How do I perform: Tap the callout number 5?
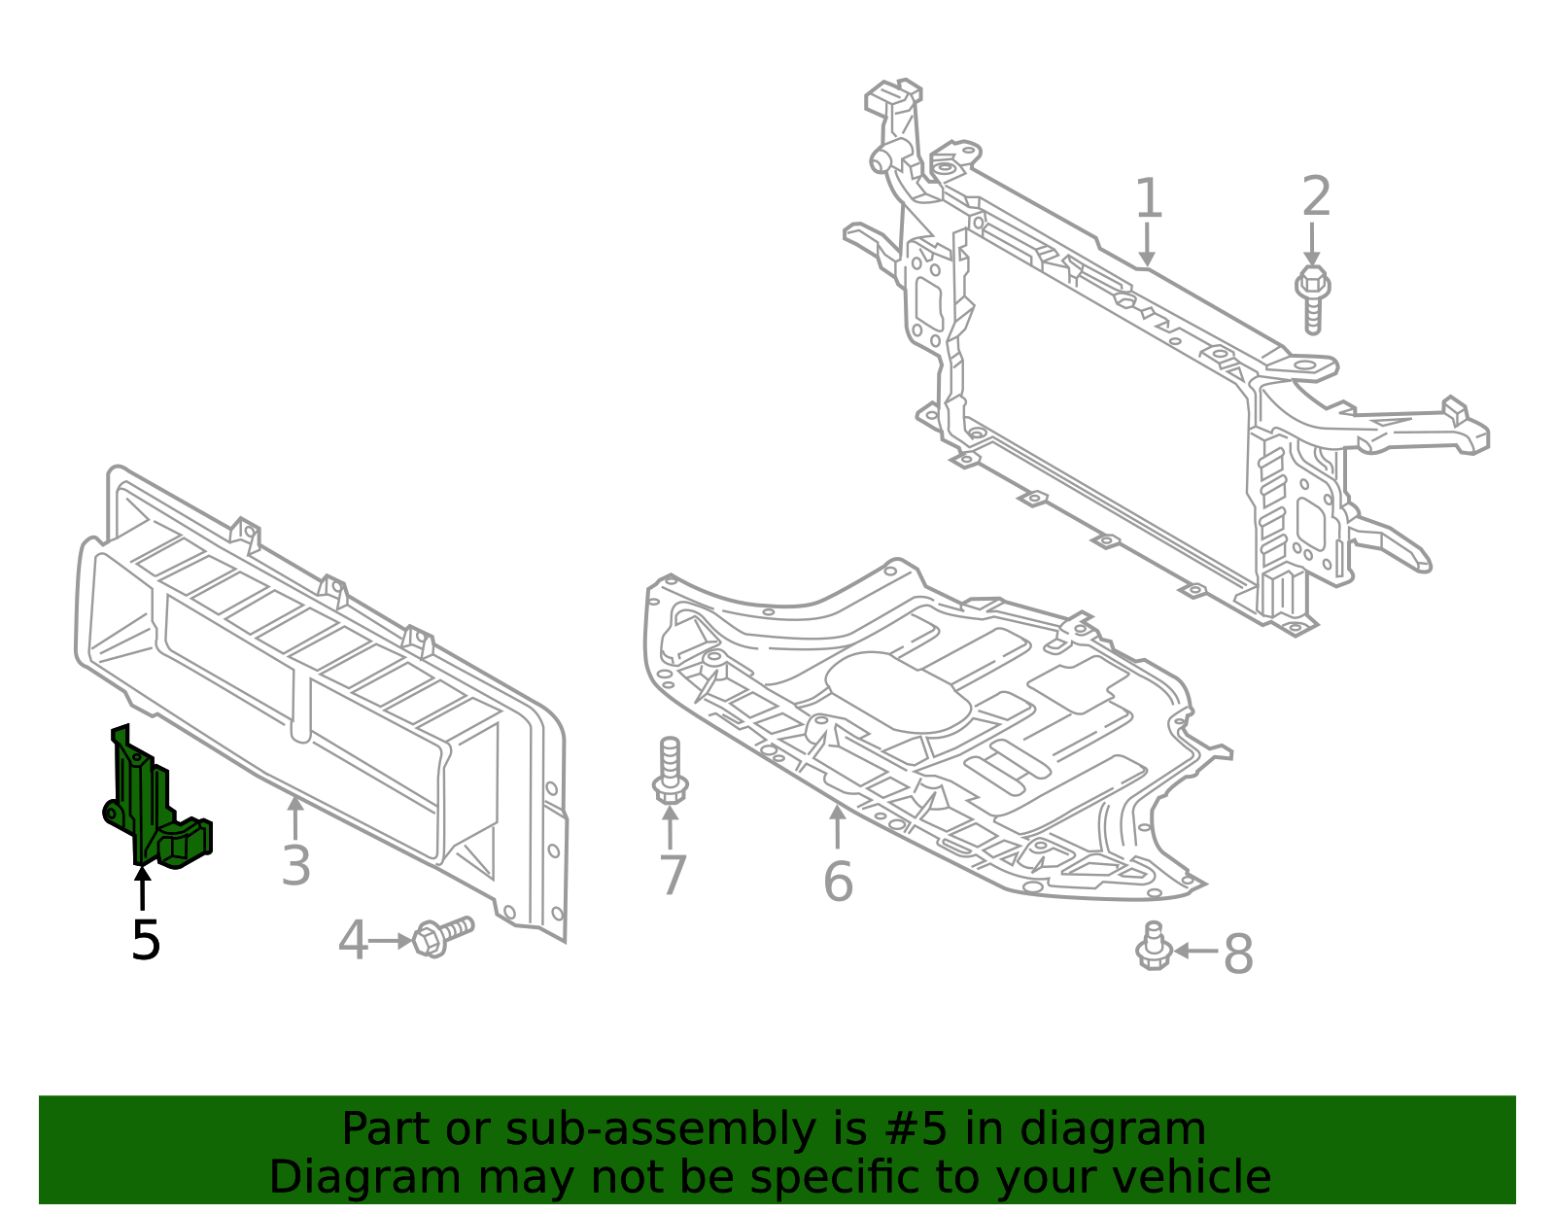click(146, 940)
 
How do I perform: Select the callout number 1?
click(1148, 198)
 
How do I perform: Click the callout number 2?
click(1315, 196)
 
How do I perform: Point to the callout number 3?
click(295, 865)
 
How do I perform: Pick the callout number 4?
click(353, 941)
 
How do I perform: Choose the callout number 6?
click(838, 882)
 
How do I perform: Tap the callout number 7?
click(673, 875)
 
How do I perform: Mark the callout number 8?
click(1238, 954)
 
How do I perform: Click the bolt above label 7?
click(670, 771)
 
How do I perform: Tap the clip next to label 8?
click(1154, 946)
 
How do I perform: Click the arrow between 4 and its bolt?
click(391, 941)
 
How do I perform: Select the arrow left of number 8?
click(1195, 951)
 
